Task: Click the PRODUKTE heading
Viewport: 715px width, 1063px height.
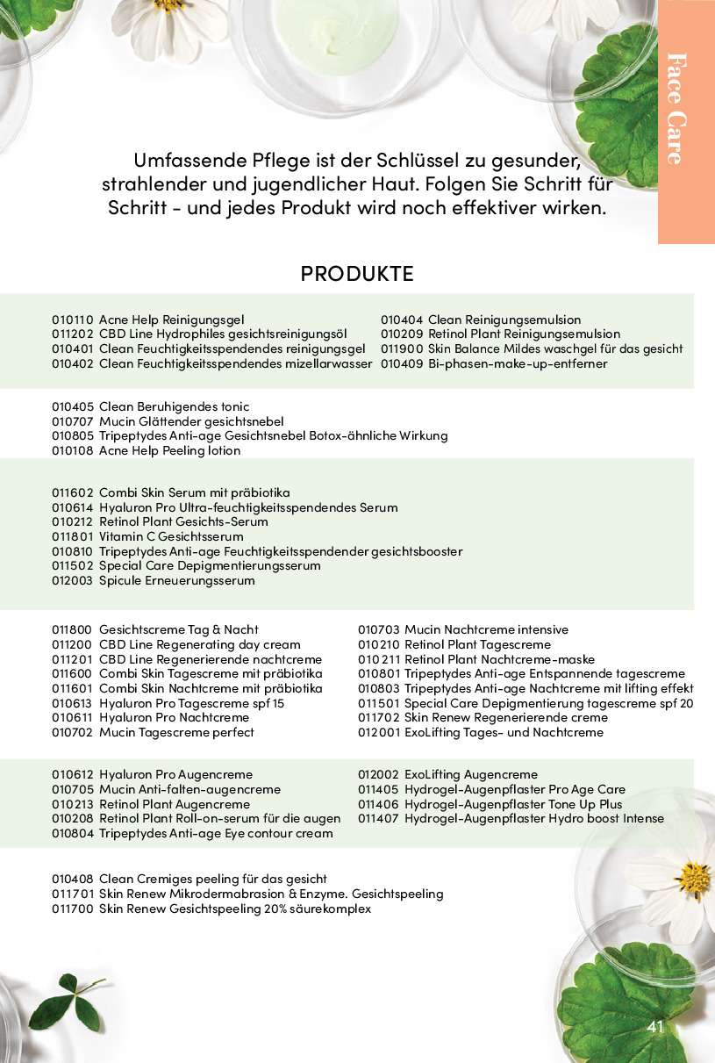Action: [x=356, y=273]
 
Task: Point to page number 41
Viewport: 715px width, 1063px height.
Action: [x=655, y=1027]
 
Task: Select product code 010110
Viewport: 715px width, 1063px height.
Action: [x=73, y=320]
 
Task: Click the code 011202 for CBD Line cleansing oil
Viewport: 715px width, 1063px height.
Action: [x=73, y=334]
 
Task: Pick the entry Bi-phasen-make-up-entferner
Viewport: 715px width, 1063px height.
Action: [x=518, y=363]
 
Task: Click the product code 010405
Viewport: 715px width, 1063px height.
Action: [x=73, y=406]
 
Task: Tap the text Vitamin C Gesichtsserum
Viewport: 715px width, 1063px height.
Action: [x=171, y=536]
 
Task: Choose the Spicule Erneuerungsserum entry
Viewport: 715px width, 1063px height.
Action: [x=176, y=580]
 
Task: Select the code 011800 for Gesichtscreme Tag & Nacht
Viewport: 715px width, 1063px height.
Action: [x=73, y=629]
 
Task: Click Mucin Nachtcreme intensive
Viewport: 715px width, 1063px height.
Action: [x=486, y=629]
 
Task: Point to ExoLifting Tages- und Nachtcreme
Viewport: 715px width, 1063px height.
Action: [x=504, y=732]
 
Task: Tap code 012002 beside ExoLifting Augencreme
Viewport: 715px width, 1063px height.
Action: [x=378, y=774]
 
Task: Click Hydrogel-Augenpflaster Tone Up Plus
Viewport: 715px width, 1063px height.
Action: [x=513, y=804]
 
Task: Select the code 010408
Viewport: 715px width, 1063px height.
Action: [x=73, y=879]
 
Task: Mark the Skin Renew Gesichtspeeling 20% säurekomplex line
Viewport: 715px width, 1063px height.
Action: [x=235, y=909]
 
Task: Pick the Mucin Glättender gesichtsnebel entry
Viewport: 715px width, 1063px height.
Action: [x=191, y=421]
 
